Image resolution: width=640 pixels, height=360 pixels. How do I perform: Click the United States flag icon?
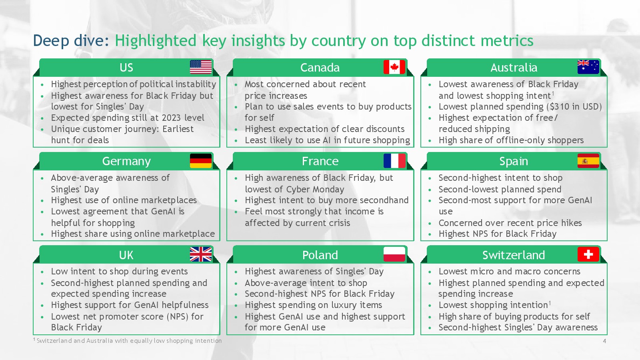pyautogui.click(x=201, y=67)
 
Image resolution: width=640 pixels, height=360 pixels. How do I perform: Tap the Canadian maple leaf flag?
pyautogui.click(x=394, y=67)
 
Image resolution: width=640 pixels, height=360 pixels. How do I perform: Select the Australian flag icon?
pyautogui.click(x=588, y=67)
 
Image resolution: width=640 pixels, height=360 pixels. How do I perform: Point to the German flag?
pyautogui.click(x=201, y=161)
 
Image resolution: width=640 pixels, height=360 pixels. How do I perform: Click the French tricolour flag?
pyautogui.click(x=394, y=161)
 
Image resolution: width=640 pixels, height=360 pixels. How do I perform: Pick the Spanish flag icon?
pyautogui.click(x=588, y=161)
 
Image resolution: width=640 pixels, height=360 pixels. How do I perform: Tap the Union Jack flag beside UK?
pyautogui.click(x=201, y=254)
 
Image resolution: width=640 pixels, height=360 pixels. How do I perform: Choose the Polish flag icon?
pyautogui.click(x=394, y=254)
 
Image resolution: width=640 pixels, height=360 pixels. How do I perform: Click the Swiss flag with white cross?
pyautogui.click(x=588, y=254)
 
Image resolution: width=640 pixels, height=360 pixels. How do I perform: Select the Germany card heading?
pyautogui.click(x=126, y=162)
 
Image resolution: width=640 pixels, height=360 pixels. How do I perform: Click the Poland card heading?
pyautogui.click(x=320, y=255)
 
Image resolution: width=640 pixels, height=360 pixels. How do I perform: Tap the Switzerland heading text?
pyautogui.click(x=514, y=255)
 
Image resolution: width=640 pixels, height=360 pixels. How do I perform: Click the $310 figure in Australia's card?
pyautogui.click(x=560, y=106)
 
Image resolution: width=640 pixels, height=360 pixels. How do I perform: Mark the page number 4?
pyautogui.click(x=604, y=341)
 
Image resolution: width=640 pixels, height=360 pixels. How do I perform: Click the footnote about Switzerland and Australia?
pyautogui.click(x=128, y=340)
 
